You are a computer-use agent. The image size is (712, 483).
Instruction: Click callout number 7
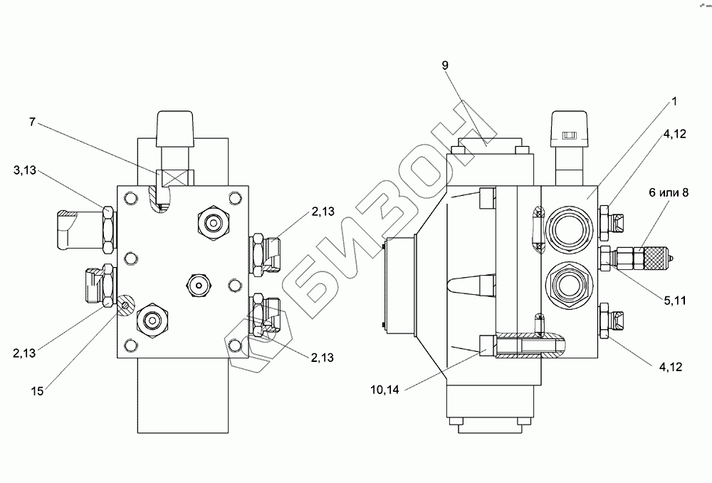[32, 123]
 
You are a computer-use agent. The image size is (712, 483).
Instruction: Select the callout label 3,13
[24, 170]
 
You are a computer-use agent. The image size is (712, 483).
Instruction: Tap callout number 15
[37, 391]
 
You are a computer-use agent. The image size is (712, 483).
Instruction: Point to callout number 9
[445, 66]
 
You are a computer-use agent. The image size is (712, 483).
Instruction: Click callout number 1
[674, 101]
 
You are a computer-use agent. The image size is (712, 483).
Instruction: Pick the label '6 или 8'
[669, 192]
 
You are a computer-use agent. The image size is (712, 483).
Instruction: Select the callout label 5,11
[675, 301]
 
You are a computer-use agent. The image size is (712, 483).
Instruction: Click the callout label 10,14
[384, 390]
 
